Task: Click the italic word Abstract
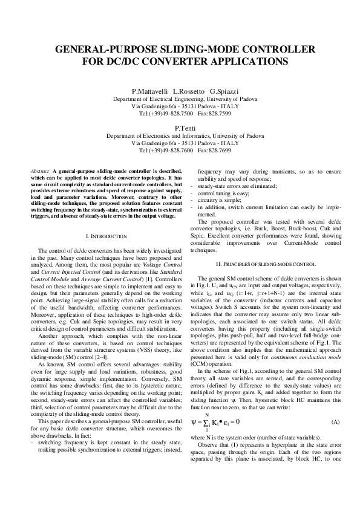click(x=40, y=172)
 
